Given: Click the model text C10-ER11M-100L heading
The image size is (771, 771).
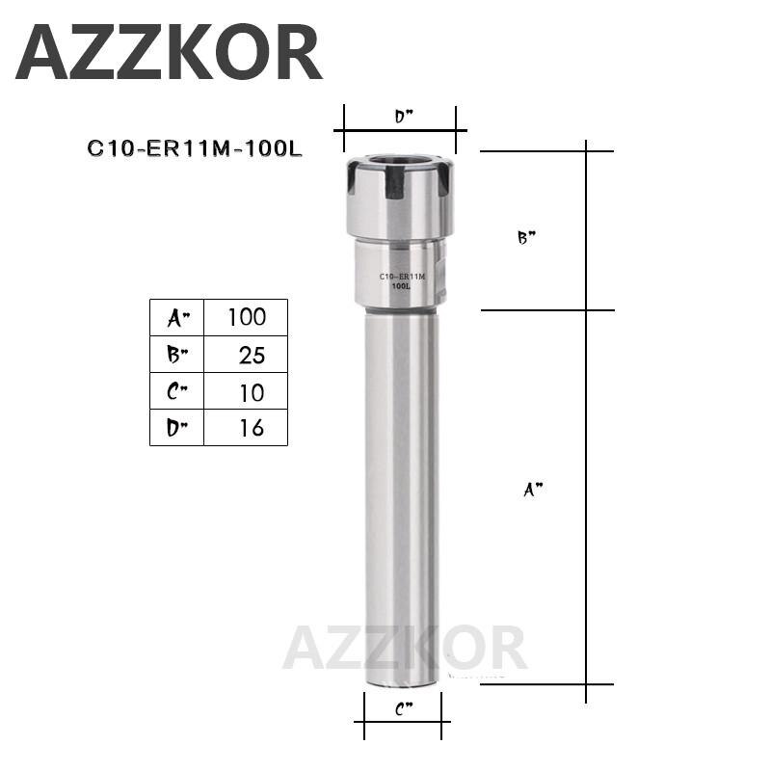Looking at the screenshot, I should click(x=195, y=148).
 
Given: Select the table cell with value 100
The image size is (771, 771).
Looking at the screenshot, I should click(x=246, y=317).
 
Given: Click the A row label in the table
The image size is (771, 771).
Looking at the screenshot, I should click(x=177, y=317).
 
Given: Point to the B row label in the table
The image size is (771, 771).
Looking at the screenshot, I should click(x=177, y=355).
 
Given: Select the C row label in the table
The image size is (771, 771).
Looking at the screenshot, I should click(x=177, y=391).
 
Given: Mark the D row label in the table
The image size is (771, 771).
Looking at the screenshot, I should click(x=177, y=428).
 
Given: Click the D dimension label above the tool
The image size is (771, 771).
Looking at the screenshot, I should click(x=403, y=118).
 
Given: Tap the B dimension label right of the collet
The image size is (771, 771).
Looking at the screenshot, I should click(x=526, y=238).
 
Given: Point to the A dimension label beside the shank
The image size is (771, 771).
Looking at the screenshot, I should click(x=533, y=490).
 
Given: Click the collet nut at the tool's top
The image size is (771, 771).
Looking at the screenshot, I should click(x=400, y=198).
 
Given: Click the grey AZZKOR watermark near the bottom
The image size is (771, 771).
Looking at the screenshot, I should click(x=405, y=648).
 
